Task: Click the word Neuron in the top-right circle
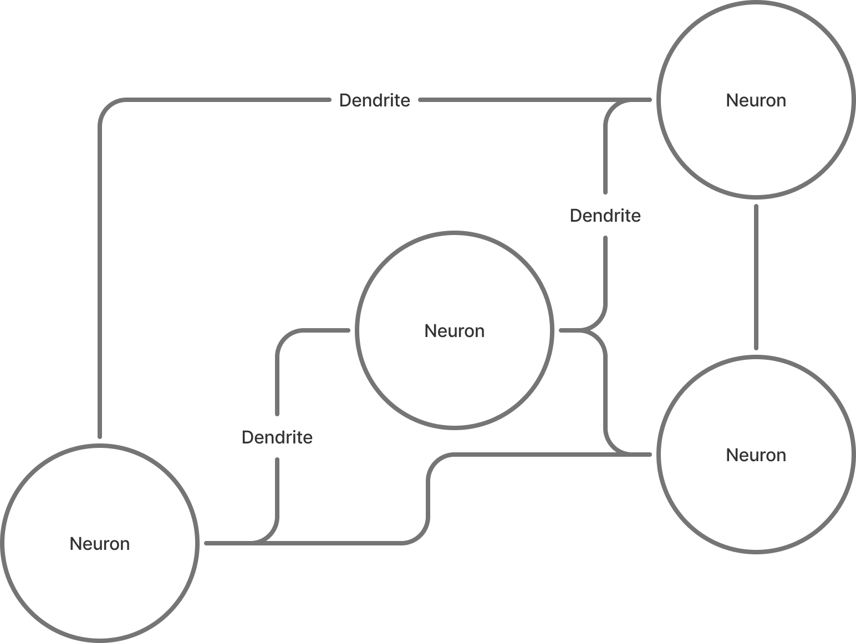point(756,100)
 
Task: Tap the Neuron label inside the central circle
point(454,331)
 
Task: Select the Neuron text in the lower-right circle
point(756,455)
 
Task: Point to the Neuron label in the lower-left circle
point(100,544)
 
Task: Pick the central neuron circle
point(454,377)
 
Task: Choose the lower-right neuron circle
point(756,499)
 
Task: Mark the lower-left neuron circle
point(100,588)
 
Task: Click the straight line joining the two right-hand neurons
point(756,277)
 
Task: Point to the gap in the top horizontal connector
point(375,100)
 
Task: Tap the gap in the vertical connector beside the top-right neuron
point(605,215)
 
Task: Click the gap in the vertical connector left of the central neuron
point(277,436)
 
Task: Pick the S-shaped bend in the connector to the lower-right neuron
point(429,499)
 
